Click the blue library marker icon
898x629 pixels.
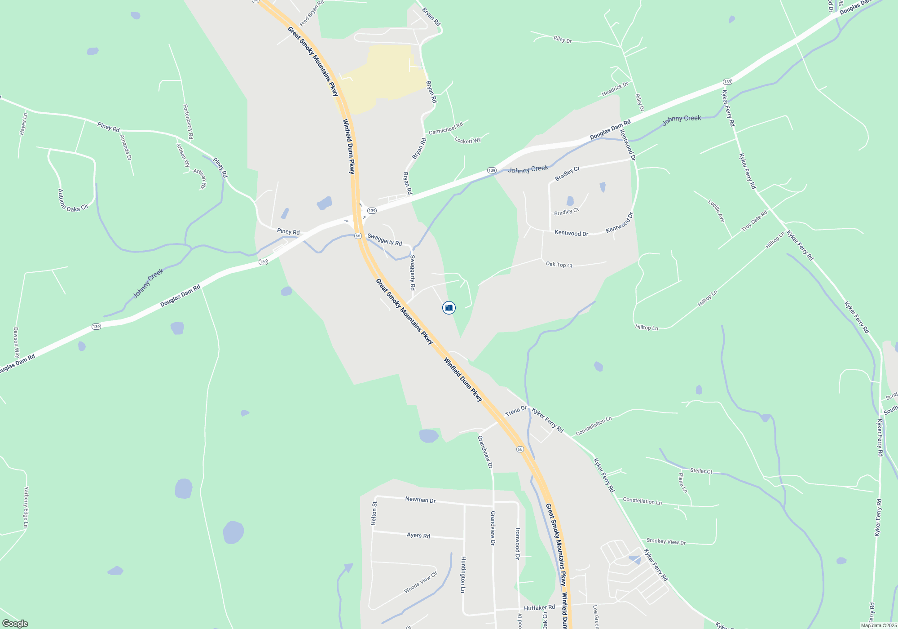449,308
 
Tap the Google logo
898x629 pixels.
15,624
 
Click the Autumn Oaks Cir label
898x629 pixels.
71,201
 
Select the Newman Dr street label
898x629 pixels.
420,500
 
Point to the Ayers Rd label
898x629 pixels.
418,535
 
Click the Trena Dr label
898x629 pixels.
515,411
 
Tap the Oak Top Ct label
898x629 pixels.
559,265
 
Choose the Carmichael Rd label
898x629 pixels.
445,128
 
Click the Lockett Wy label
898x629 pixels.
467,141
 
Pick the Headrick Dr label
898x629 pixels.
615,89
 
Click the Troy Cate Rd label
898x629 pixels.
754,221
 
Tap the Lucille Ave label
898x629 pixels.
717,211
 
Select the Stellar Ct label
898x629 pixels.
701,471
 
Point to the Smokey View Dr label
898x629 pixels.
666,541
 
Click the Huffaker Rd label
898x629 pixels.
539,607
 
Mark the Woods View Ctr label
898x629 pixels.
420,582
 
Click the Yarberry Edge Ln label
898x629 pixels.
26,507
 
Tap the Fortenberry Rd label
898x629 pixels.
188,121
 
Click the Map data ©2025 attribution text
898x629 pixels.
879,625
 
